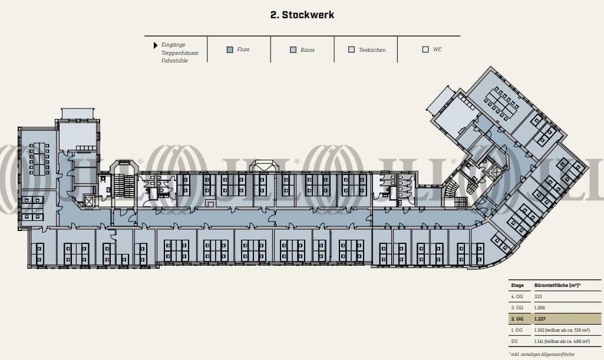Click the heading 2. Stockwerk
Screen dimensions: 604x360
point(302,15)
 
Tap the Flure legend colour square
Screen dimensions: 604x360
point(230,49)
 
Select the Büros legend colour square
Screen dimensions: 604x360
point(293,49)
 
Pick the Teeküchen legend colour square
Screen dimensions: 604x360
point(352,49)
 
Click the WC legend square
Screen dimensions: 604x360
point(425,49)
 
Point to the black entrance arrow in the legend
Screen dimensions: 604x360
point(156,45)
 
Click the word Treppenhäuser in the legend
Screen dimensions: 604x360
point(180,53)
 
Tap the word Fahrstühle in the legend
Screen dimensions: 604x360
point(174,61)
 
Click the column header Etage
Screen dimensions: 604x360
point(517,286)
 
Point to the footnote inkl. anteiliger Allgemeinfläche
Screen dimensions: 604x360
point(542,354)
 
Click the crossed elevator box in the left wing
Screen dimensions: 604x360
point(89,200)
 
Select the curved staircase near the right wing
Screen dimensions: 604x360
point(452,189)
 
